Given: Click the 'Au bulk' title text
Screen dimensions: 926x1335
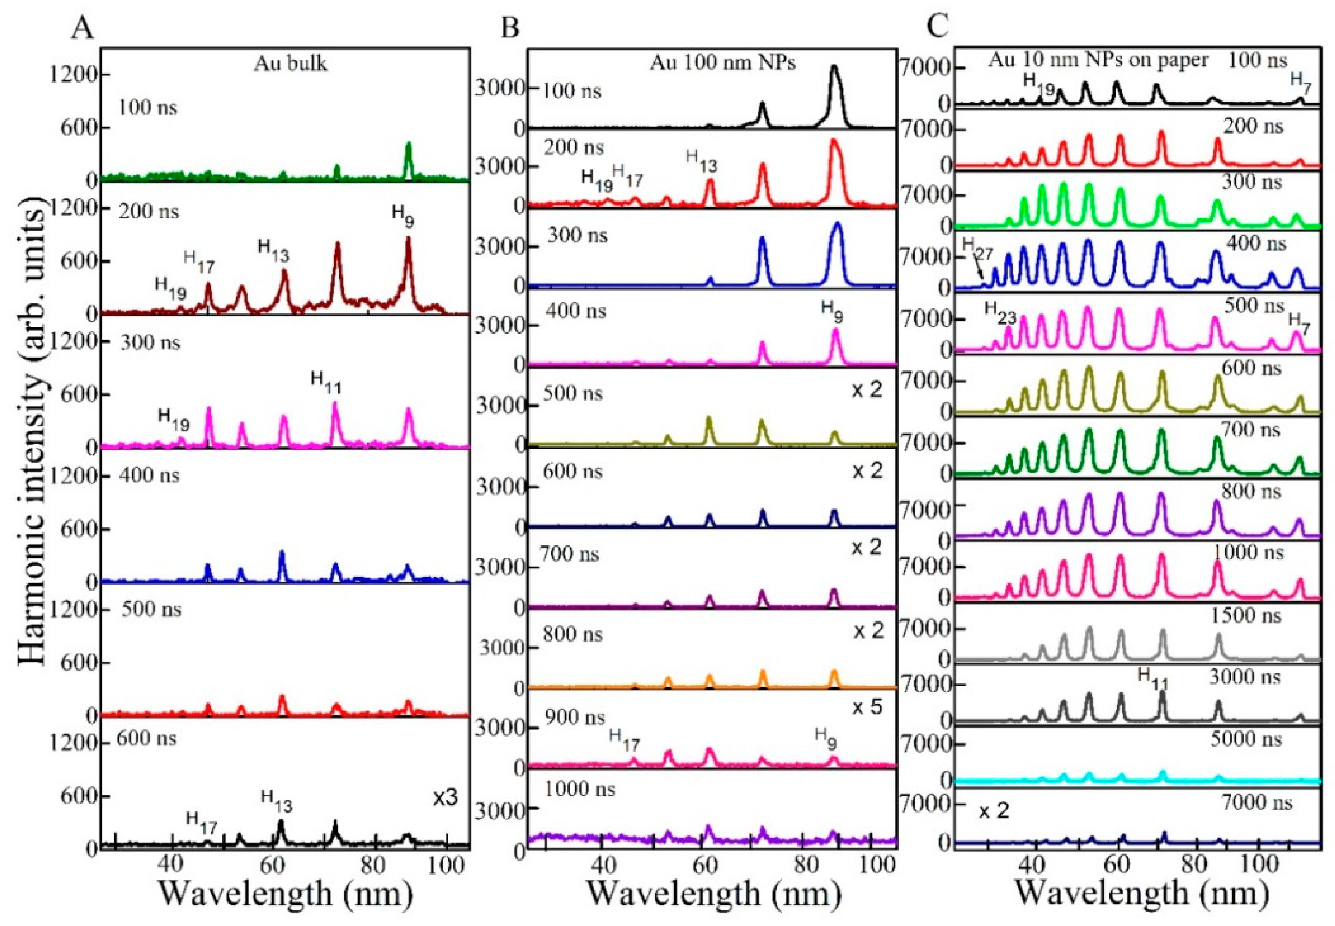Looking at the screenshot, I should point(290,63).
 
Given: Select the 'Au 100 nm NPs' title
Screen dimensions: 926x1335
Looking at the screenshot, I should point(722,62).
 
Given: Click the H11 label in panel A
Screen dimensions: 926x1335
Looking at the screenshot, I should point(325,383).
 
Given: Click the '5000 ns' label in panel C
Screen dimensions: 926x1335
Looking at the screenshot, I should point(1244,739).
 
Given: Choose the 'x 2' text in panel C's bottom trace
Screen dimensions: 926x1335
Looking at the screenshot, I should point(994,811).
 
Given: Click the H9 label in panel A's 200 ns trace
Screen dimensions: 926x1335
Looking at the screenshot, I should point(403,216).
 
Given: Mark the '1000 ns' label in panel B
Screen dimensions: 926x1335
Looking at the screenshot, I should point(579,789).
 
